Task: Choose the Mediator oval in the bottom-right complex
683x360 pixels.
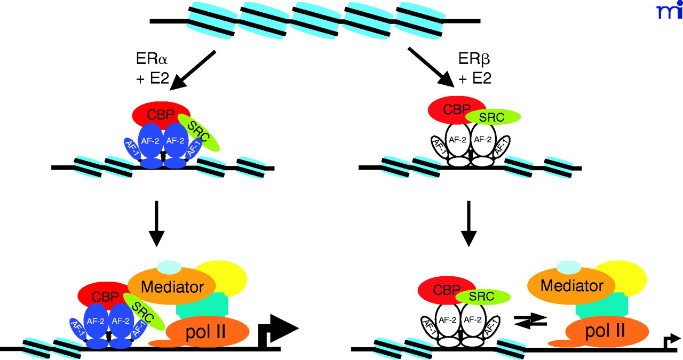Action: pos(572,286)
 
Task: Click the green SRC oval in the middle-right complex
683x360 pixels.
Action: pos(493,116)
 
